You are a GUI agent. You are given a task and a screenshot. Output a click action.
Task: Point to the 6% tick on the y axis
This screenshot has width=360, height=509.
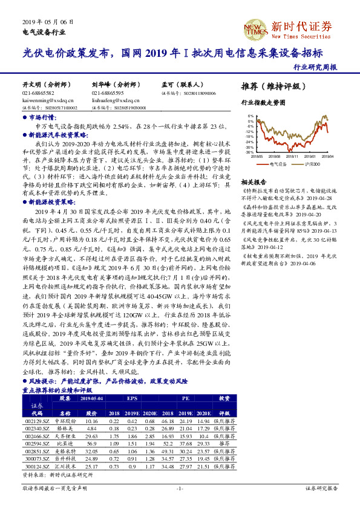[250, 114]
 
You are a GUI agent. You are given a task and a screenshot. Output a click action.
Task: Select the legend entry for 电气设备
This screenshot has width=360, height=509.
[279, 163]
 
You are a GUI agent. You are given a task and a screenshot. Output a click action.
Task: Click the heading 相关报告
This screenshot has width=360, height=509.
[252, 181]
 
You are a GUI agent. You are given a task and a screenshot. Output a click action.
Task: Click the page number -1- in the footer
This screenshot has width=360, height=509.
[180, 487]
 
